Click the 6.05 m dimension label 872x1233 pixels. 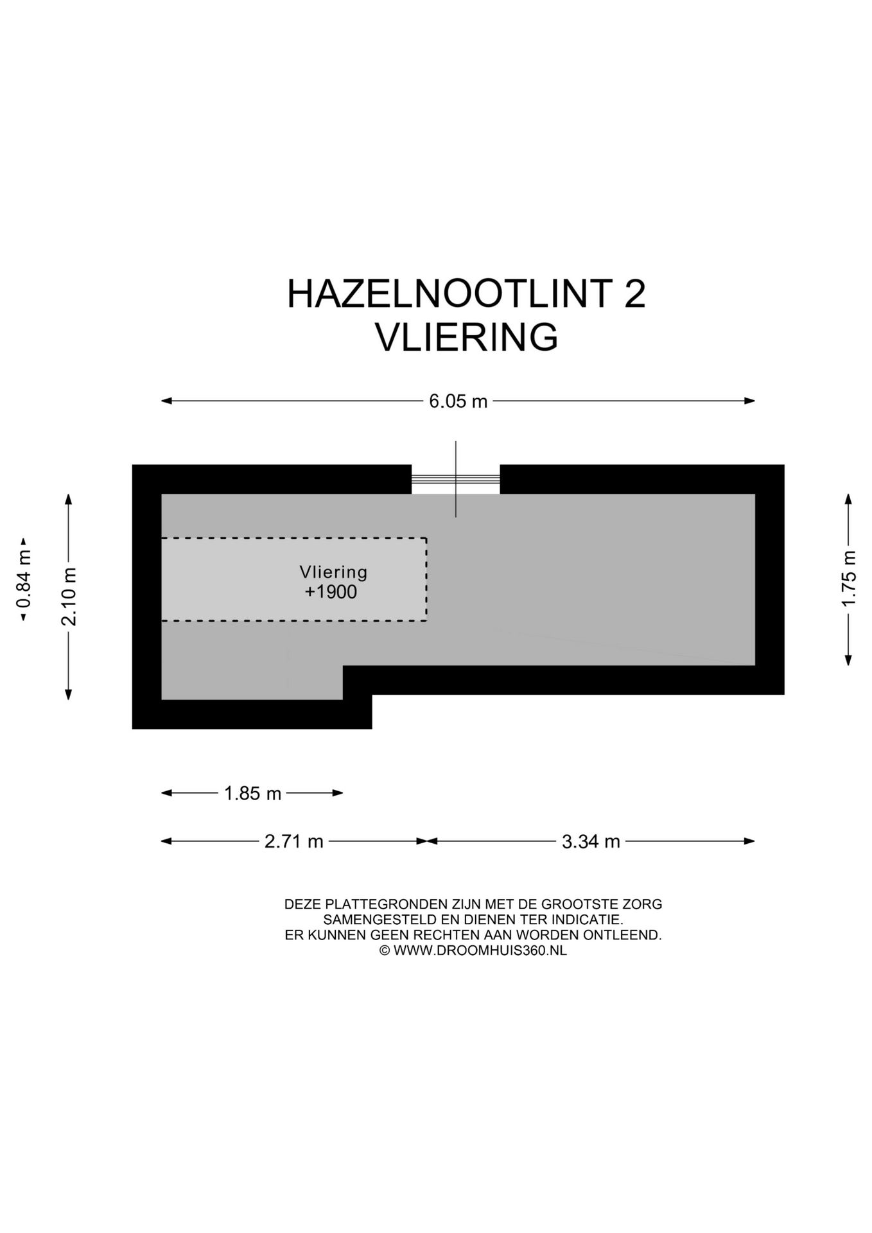point(458,401)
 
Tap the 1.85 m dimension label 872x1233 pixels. point(252,794)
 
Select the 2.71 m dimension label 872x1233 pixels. point(293,841)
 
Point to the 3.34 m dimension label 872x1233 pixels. point(591,841)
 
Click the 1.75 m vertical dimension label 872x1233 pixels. point(849,578)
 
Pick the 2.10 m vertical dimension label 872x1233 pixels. point(69,597)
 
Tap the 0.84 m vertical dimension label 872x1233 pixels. point(24,580)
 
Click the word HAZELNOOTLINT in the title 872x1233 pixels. point(448,294)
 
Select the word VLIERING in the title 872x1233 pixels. point(466,338)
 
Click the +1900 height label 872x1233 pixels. point(331,591)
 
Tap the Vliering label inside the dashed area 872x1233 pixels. point(333,572)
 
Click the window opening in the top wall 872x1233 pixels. point(455,479)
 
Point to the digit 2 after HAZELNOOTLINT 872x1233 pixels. point(634,294)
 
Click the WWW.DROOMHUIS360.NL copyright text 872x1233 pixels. point(480,950)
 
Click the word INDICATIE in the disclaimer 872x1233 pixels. point(586,920)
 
